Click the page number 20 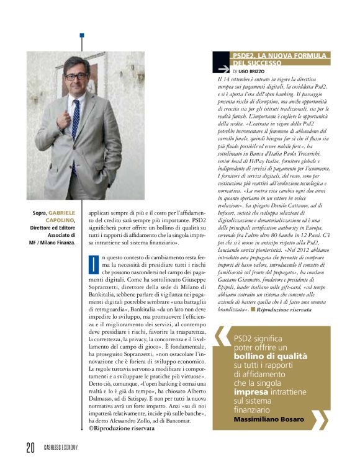pos(29,447)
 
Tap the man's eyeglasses pos(76,76)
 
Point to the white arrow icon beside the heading pos(220,66)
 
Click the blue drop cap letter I pos(92,262)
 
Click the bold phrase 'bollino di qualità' pos(270,356)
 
